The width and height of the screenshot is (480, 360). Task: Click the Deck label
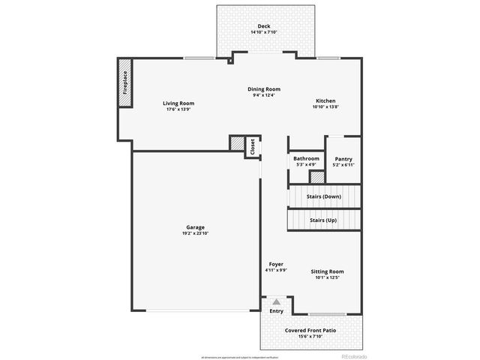[263, 25]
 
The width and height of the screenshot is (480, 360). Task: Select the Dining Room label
[264, 88]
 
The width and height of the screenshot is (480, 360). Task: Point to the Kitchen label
[325, 100]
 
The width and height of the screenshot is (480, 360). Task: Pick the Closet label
[253, 146]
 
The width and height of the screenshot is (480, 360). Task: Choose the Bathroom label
[306, 158]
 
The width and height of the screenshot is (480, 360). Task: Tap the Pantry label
[343, 158]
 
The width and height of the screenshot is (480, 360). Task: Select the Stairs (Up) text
[325, 220]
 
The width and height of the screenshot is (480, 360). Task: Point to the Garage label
[196, 227]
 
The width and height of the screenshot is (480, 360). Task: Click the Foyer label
[276, 264]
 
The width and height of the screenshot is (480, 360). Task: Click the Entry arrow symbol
[276, 301]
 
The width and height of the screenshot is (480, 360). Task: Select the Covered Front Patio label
[309, 330]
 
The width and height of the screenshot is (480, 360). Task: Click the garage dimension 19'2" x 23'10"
[196, 234]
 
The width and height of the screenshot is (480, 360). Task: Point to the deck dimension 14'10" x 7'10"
[263, 31]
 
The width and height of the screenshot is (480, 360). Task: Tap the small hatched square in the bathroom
[317, 178]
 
